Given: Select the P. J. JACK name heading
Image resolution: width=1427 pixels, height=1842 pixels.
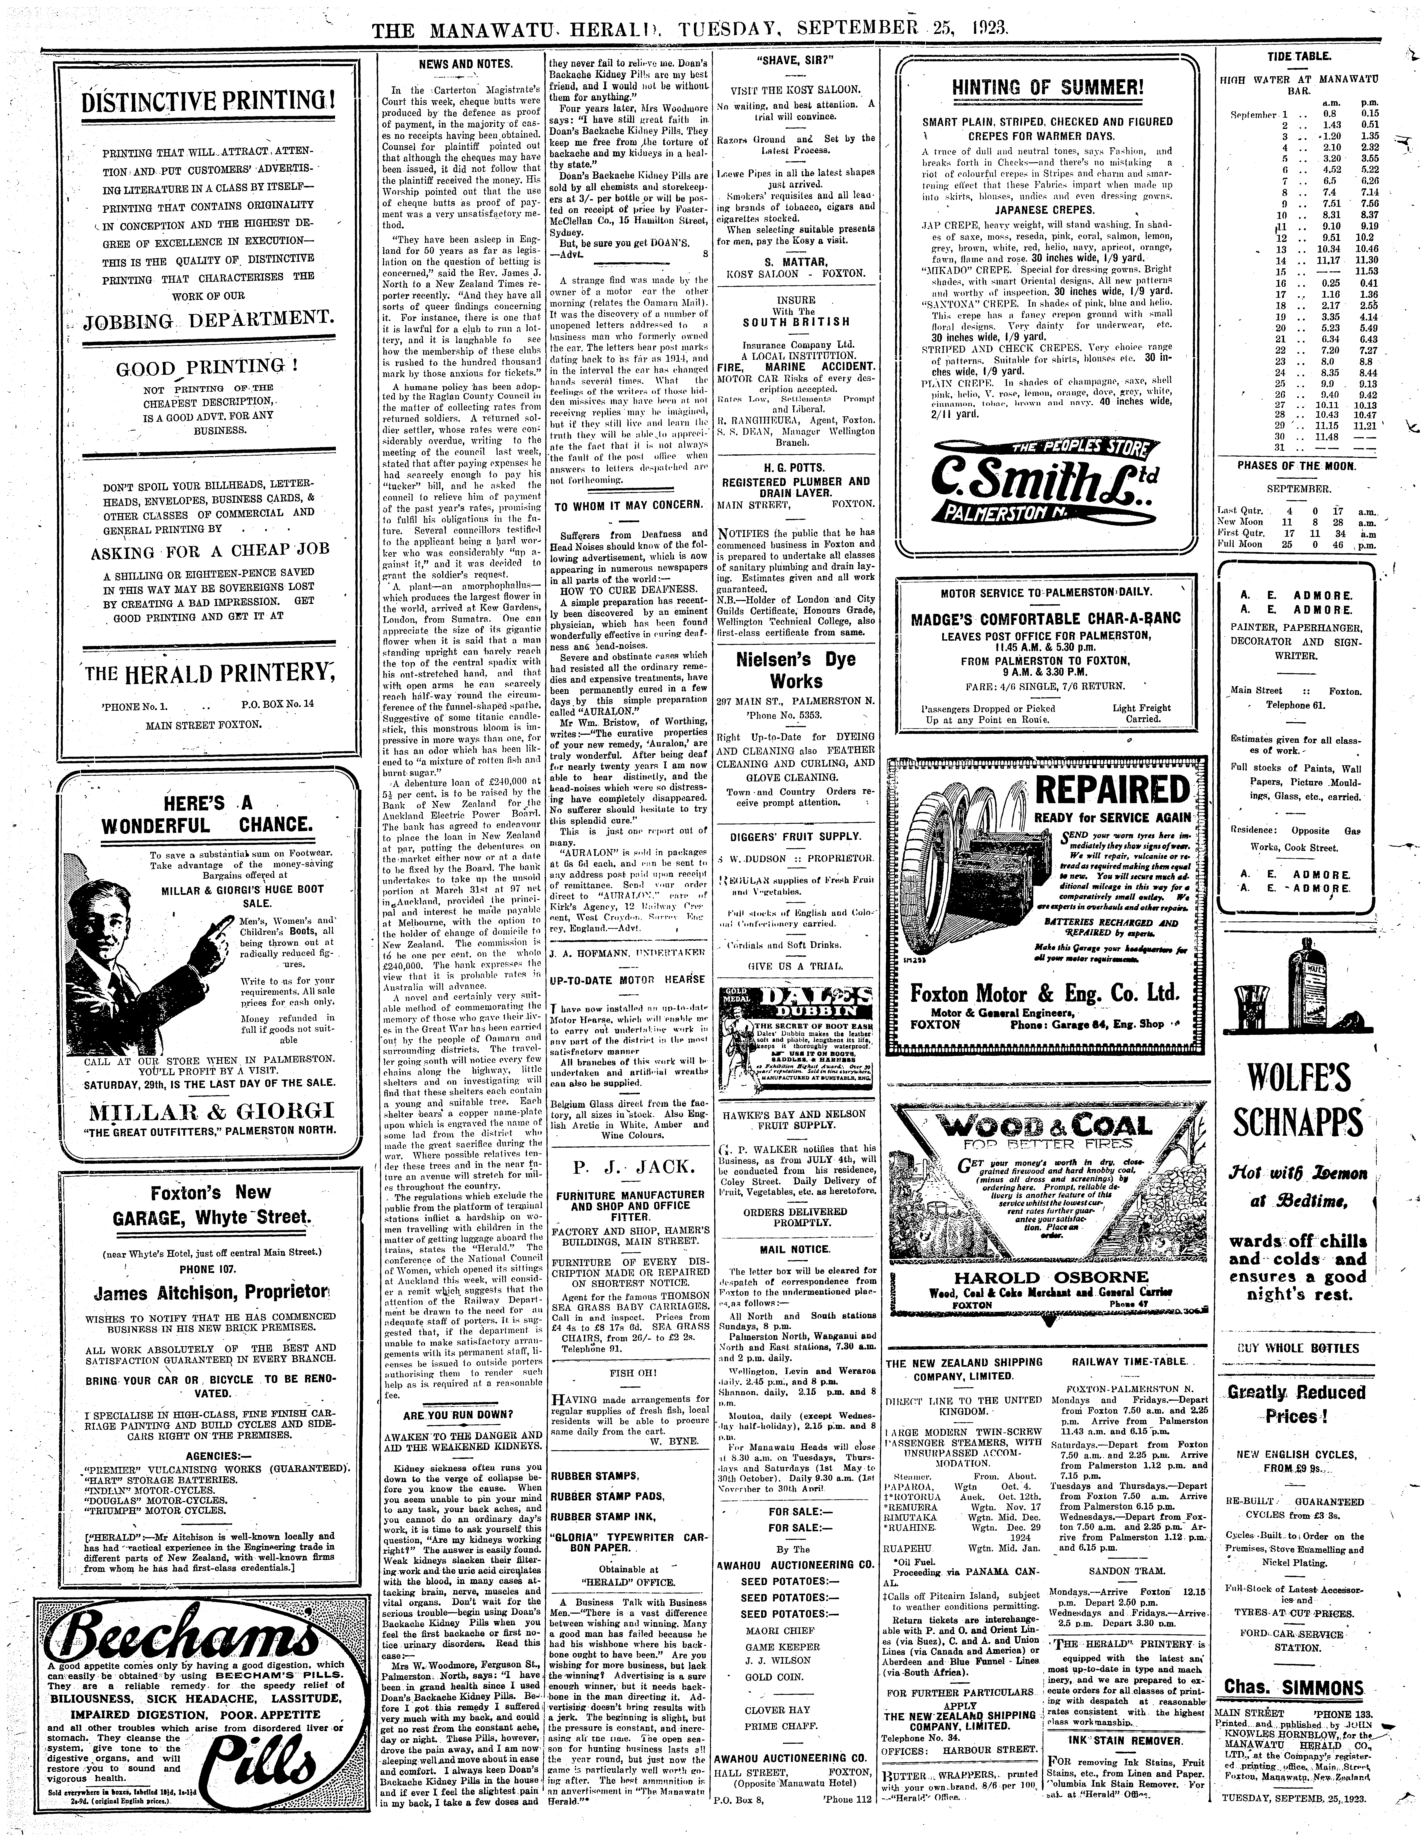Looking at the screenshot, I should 628,1168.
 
